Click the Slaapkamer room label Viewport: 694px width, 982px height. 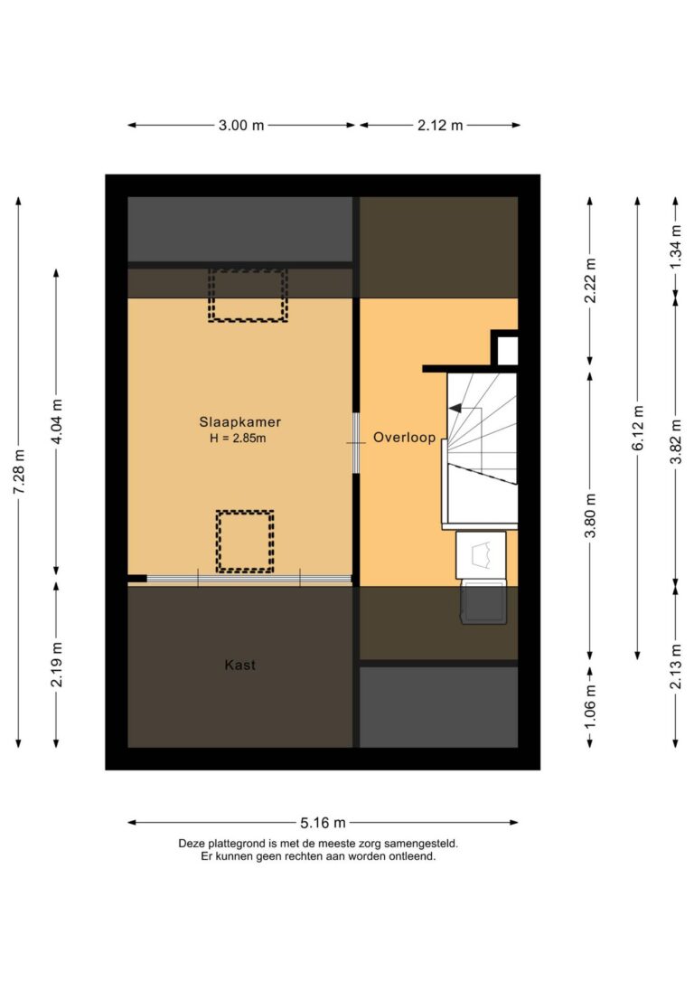239,421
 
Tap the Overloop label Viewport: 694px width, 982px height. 404,438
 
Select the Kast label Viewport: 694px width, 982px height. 239,665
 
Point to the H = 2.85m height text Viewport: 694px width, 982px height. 239,439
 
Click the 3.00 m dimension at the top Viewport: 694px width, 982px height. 241,126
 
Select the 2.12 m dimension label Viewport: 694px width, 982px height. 440,126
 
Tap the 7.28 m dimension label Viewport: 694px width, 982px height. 19,473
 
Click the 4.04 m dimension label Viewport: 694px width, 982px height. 57,422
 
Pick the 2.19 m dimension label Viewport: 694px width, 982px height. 57,665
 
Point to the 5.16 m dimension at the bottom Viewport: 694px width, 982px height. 323,823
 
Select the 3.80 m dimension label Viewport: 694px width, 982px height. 590,515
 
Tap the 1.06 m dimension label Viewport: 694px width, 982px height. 590,707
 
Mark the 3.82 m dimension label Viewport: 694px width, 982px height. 675,441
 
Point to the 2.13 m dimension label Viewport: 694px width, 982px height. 675,665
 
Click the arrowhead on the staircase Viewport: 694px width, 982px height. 455,409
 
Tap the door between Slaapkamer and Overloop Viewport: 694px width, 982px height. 356,442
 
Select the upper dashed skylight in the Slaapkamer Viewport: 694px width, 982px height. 248,295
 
